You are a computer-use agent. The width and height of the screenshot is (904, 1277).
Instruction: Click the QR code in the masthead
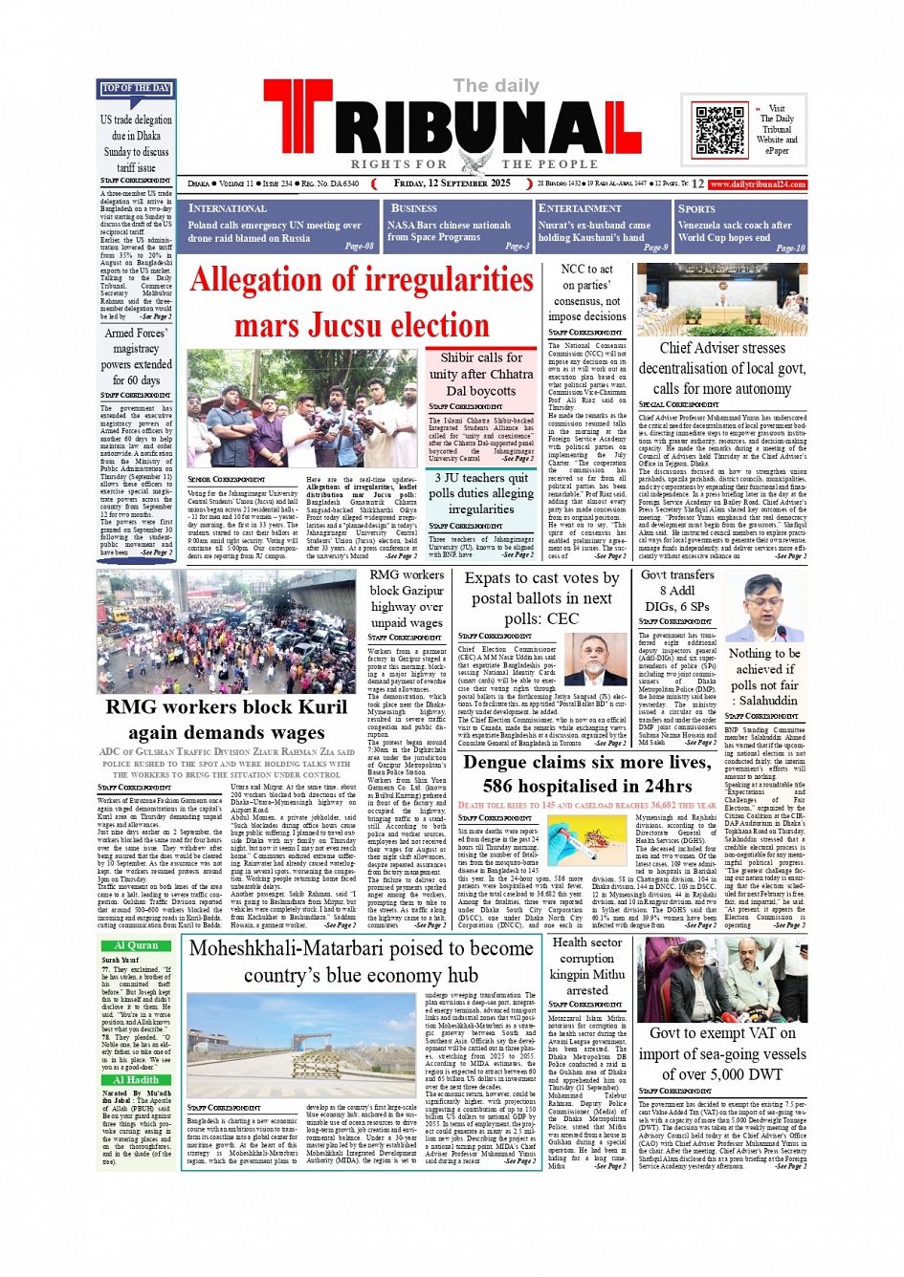[x=719, y=131]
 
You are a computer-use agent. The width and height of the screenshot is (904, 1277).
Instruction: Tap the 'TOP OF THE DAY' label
[x=136, y=89]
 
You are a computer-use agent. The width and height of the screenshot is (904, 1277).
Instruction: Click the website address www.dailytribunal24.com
[x=758, y=184]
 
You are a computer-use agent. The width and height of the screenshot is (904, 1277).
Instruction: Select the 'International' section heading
[x=228, y=208]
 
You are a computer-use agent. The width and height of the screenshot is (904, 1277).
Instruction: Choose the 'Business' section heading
[x=414, y=208]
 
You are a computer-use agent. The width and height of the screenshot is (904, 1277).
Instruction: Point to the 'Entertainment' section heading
[x=580, y=208]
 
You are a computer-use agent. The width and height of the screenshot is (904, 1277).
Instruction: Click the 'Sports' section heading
[x=696, y=208]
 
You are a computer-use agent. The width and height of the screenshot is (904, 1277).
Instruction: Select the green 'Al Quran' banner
[x=136, y=945]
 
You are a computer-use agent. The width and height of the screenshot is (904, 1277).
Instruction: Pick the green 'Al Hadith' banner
[x=136, y=1080]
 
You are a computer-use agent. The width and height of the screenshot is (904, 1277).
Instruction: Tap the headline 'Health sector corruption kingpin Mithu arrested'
[x=587, y=965]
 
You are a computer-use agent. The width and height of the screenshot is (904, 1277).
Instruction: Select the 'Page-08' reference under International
[x=359, y=247]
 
